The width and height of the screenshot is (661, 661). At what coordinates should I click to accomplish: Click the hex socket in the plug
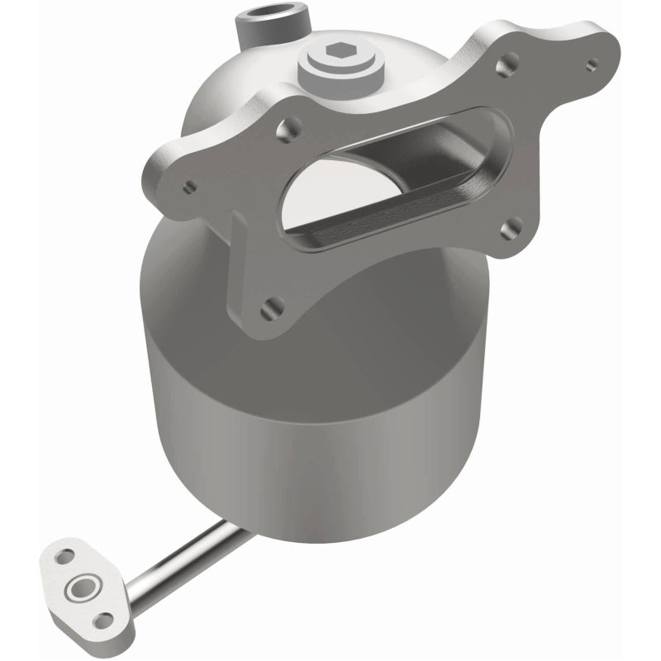coord(339,54)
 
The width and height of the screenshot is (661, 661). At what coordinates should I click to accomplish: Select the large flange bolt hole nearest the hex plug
coord(288,128)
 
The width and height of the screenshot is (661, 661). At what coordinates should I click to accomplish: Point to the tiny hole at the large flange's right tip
coord(592,62)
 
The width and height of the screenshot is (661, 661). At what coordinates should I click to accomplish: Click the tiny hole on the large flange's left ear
coord(189,187)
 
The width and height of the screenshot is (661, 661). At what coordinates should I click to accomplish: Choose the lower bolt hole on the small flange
coord(102,621)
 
